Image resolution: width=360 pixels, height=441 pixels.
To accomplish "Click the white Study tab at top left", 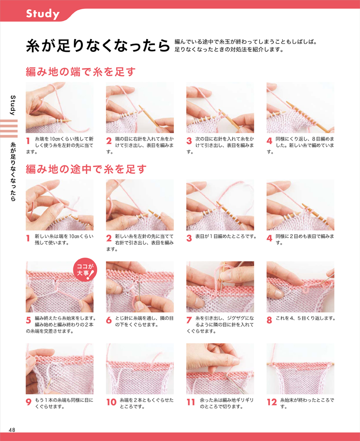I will (43, 14).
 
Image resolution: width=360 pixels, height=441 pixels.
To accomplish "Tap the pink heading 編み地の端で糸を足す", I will (81, 72).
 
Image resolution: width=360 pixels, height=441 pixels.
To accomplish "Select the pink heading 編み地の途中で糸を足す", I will (86, 169).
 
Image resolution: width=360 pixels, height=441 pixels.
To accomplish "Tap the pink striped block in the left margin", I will (9, 129).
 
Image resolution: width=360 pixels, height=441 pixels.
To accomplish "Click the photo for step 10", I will (139, 369).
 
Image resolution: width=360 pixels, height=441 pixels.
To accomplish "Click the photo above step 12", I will (300, 369).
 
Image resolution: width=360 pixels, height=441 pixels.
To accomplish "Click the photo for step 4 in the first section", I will (300, 107).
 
